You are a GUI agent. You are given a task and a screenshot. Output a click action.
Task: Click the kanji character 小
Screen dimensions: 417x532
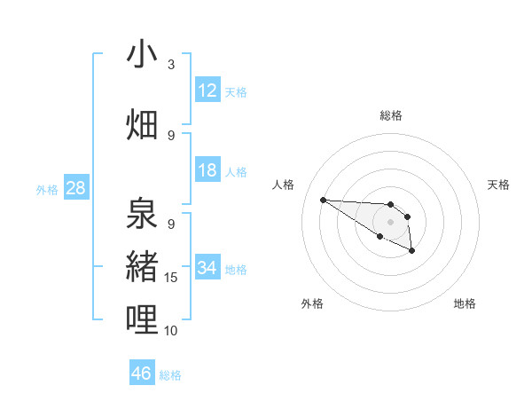[142, 54]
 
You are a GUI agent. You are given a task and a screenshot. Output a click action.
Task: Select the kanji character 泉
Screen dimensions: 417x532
[142, 213]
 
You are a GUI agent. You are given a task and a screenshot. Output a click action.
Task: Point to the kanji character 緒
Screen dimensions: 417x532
[142, 264]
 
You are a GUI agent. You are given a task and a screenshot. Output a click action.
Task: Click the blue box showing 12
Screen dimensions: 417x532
[207, 90]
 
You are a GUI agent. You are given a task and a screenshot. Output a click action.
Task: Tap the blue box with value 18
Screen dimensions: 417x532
[207, 170]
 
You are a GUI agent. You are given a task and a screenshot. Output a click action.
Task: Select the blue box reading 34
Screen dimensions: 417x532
[207, 268]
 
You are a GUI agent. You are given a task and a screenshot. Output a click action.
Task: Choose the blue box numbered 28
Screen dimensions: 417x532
[75, 188]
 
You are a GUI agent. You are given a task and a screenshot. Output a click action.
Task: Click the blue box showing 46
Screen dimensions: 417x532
[142, 374]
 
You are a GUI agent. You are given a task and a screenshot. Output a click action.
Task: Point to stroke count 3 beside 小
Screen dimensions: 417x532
[171, 65]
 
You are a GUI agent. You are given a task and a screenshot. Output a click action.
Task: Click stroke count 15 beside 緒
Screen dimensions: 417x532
[171, 278]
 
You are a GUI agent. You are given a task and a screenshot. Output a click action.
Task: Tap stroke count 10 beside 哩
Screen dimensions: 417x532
[171, 331]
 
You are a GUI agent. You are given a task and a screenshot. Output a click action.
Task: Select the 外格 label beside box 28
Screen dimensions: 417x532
[46, 189]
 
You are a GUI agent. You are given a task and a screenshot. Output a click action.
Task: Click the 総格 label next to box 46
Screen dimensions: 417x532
[170, 375]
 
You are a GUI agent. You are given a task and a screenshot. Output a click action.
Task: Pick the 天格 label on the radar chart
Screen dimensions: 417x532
[498, 185]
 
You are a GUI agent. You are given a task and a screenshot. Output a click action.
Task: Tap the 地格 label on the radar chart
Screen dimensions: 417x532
[465, 303]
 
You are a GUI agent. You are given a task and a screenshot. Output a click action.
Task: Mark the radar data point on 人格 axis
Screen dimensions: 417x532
[323, 200]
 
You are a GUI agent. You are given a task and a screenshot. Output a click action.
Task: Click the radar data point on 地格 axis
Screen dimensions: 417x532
[412, 252]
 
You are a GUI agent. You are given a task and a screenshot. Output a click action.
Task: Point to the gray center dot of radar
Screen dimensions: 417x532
[390, 221]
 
